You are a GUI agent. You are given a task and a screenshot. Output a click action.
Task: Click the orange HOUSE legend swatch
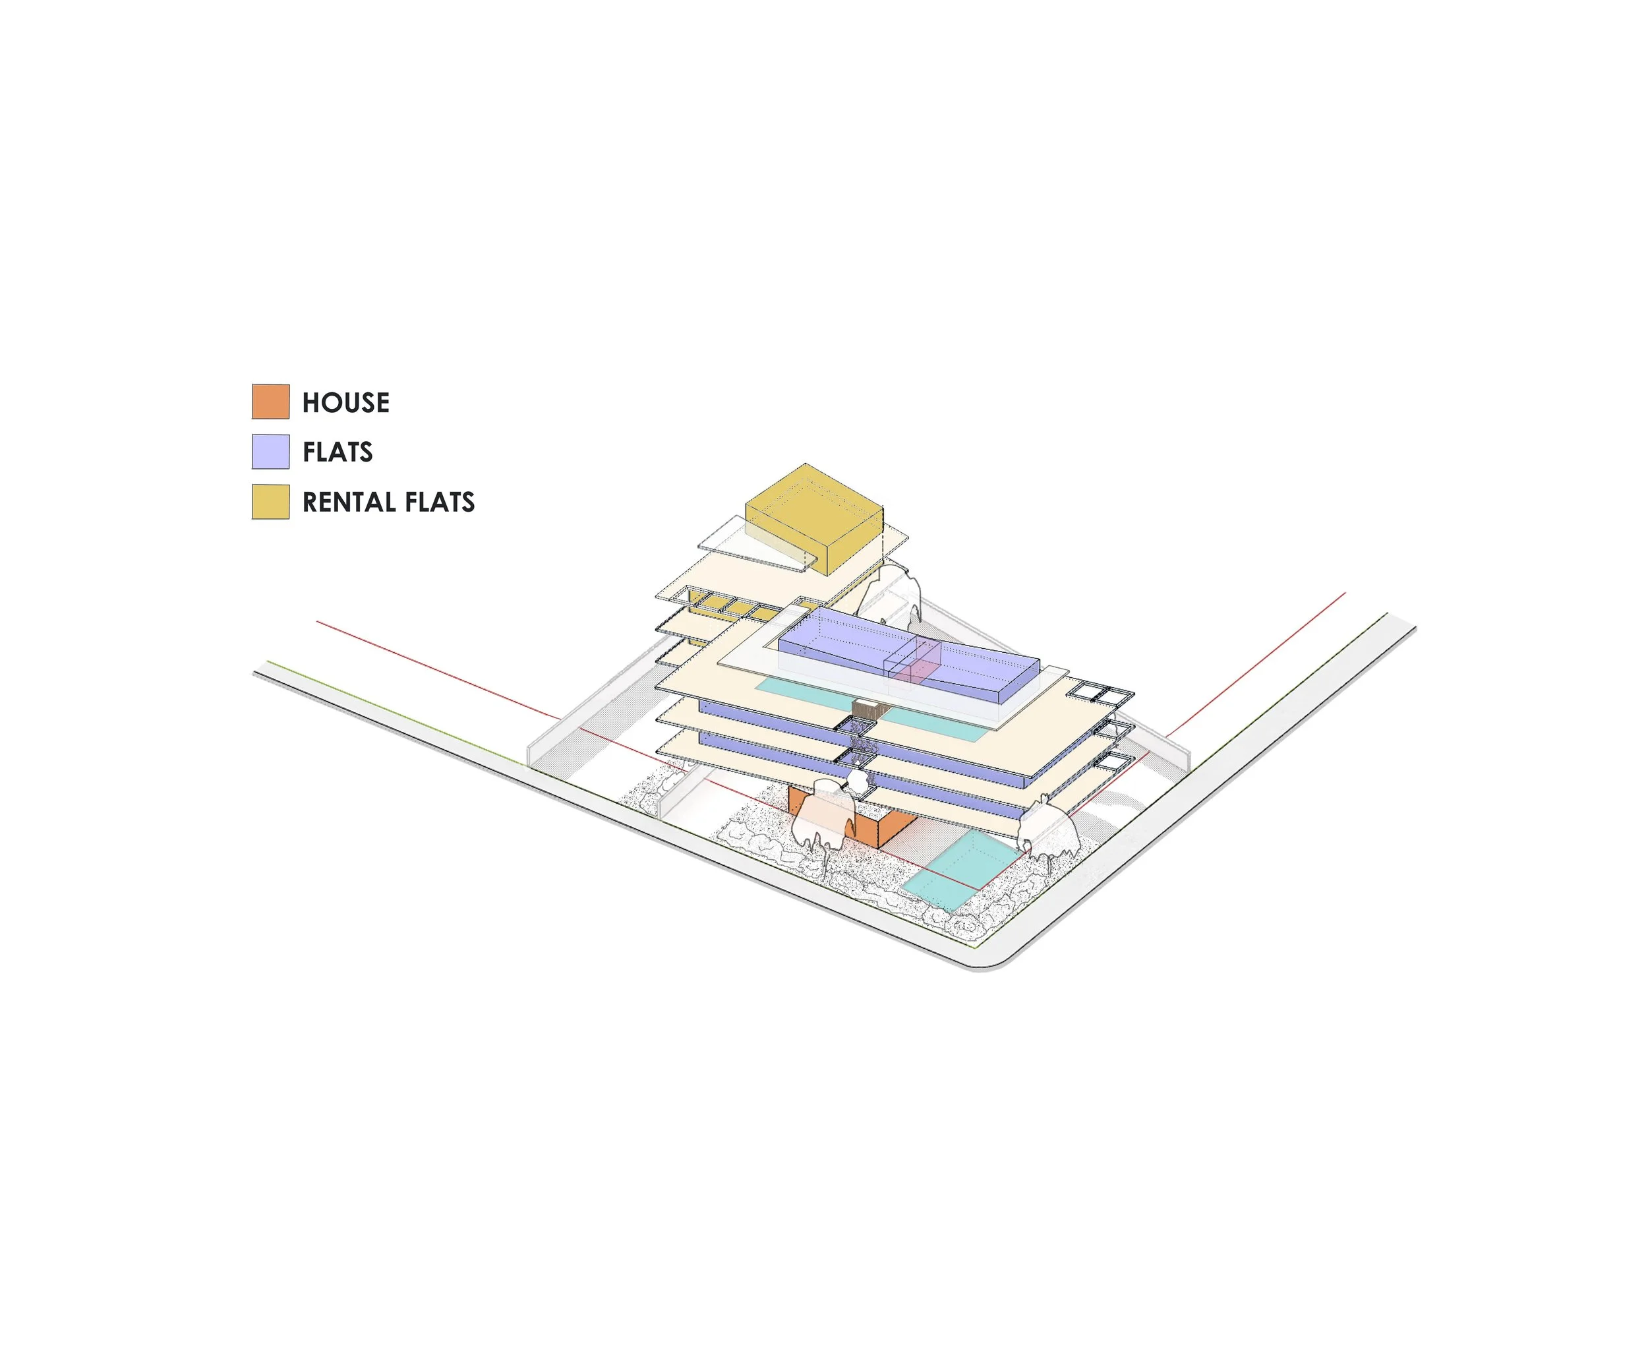coord(270,402)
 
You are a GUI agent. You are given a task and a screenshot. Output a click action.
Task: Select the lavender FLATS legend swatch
coord(270,452)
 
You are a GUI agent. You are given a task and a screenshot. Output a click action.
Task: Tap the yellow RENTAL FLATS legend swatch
coord(270,502)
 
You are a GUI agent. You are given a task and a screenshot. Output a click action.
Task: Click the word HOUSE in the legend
coord(345,402)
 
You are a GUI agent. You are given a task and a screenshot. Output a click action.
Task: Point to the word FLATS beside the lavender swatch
coord(337,452)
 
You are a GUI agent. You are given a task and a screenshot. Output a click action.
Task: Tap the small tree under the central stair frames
coord(859,780)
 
